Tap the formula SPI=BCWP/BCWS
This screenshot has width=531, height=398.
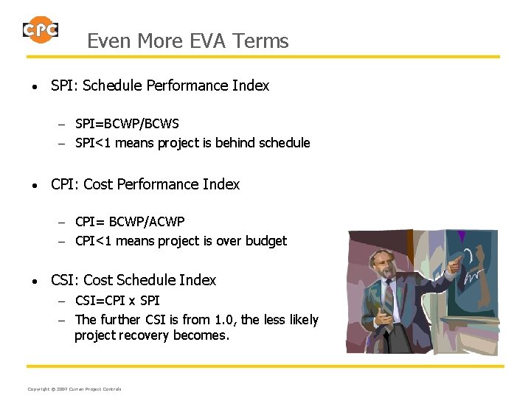click(x=127, y=124)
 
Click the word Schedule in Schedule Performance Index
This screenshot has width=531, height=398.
click(x=113, y=85)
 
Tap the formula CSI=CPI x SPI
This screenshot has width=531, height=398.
click(x=117, y=301)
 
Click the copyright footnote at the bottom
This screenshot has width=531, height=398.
click(x=74, y=388)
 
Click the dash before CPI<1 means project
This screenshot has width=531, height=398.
click(x=64, y=242)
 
